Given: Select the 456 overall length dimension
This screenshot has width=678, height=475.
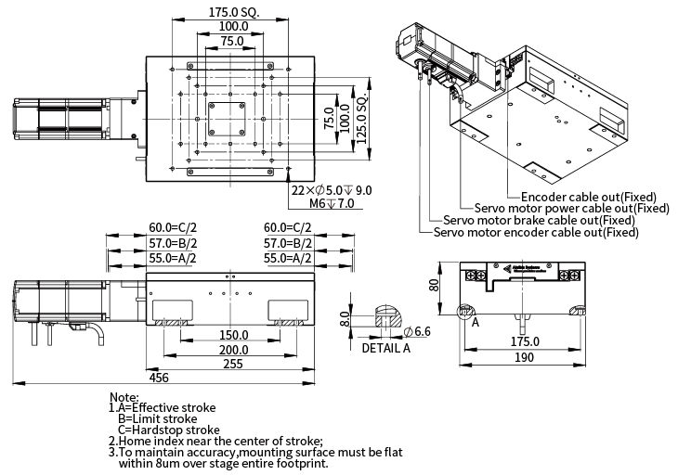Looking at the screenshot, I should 159,378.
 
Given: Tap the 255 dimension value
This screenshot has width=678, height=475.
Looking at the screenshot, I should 233,365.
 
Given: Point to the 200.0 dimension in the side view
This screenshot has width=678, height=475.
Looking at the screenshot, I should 233,350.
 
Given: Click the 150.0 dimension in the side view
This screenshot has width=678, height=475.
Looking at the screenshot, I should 233,335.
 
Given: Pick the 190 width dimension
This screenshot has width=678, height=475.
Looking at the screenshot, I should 525,357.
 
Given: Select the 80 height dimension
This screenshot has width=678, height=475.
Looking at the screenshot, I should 433,285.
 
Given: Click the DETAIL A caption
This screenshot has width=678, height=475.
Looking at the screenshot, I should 385,349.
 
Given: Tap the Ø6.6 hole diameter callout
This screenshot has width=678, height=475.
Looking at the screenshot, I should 417,331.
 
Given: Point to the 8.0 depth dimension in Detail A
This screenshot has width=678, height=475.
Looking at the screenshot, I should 345,320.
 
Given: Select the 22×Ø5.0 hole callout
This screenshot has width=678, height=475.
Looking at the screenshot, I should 331,190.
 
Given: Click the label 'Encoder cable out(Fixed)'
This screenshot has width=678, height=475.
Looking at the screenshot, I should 589,197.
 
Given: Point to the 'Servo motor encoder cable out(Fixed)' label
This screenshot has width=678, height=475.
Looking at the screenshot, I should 536,233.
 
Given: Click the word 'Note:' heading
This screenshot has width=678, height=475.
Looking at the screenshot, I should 124,396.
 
